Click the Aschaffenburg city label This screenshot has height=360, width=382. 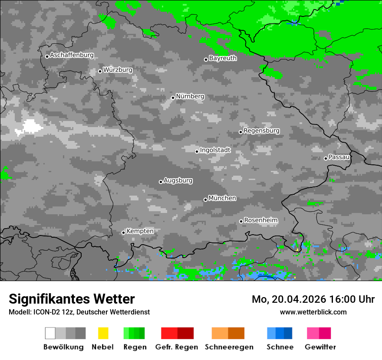[72, 55]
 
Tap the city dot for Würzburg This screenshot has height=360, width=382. [100, 71]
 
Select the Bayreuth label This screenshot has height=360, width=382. [223, 58]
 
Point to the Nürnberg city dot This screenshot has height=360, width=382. [173, 98]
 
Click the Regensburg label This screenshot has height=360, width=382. [261, 131]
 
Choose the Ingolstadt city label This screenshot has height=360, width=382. [215, 150]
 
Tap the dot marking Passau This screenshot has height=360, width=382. [326, 158]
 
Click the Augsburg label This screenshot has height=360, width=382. [178, 180]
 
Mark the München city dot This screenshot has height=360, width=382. [205, 200]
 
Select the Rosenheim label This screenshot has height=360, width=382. [260, 220]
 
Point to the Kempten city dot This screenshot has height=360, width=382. [123, 232]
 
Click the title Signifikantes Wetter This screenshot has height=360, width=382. [72, 299]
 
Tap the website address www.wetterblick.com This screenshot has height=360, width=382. [313, 312]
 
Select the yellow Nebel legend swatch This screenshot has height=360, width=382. [103, 333]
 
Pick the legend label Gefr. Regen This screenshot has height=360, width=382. [176, 347]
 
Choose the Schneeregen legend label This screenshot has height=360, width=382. [229, 347]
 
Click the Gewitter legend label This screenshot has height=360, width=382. [320, 347]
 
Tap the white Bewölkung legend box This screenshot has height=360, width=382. [50, 333]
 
